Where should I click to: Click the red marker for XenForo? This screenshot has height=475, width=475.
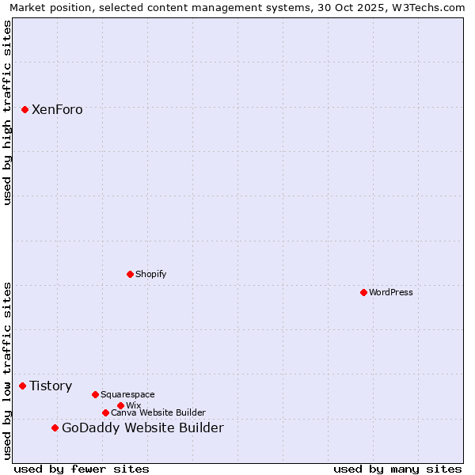pos(25,109)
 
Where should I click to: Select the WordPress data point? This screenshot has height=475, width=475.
pos(363,292)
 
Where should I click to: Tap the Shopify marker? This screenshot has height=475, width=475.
pos(130,274)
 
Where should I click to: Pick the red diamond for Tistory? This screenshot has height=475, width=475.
pos(22,386)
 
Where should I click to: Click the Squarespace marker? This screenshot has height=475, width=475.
pos(95,394)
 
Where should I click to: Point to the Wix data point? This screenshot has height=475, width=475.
pos(120,405)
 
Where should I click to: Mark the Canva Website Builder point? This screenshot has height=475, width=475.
pos(105,412)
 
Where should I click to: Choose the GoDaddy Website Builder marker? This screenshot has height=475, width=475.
pos(55,427)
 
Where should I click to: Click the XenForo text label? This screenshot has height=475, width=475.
pos(57,110)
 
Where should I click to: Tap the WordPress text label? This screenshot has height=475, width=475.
pos(391,292)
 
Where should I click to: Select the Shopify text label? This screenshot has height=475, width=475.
pos(151,274)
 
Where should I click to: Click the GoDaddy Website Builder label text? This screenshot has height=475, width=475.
pos(142,428)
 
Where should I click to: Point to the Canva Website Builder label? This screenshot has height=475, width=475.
pos(158,412)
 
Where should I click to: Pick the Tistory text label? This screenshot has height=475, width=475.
pos(51,386)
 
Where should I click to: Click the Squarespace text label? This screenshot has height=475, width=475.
pos(127,394)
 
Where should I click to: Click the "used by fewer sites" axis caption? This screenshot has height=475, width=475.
pos(82,469)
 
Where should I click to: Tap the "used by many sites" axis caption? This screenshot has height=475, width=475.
pos(397,469)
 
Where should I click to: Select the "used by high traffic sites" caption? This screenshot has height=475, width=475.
pos(7,112)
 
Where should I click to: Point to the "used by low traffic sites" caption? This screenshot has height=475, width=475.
pos(7,370)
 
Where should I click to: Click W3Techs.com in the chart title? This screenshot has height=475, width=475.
pos(427,7)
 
